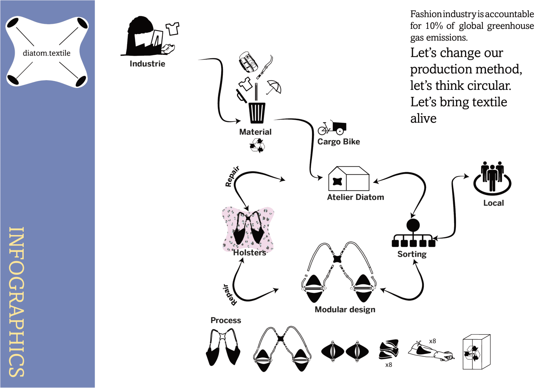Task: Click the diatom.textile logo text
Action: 47,53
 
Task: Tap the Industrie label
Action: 147,63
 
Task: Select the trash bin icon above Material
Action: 257,112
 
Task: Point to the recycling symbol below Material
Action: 257,146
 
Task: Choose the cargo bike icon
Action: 332,128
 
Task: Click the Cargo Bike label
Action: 339,142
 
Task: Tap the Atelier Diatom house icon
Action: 349,179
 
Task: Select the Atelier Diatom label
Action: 355,197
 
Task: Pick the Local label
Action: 494,203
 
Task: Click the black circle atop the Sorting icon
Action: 413,225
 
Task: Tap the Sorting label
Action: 412,254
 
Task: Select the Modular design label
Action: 345,309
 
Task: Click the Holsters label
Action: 249,252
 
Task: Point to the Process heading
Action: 226,320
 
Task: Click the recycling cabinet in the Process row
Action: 476,352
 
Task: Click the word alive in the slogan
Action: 423,118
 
